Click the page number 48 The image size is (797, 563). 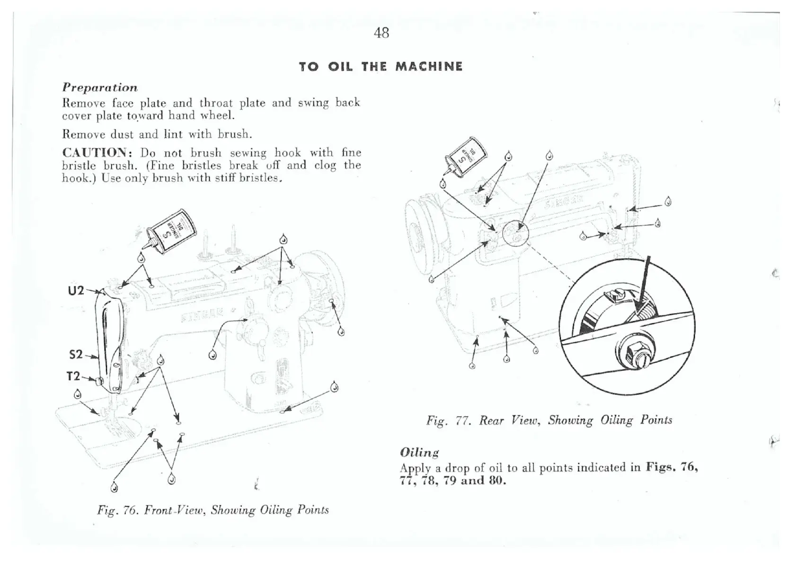tap(381, 33)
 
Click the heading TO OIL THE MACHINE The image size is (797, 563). tap(381, 67)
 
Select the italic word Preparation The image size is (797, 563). tap(100, 88)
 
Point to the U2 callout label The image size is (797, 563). tap(76, 290)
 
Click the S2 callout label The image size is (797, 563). tap(76, 354)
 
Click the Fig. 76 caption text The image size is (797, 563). tap(213, 510)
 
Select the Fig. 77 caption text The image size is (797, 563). tap(549, 420)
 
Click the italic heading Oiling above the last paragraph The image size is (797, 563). tap(419, 453)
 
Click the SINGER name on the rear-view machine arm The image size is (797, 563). tap(563, 202)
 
